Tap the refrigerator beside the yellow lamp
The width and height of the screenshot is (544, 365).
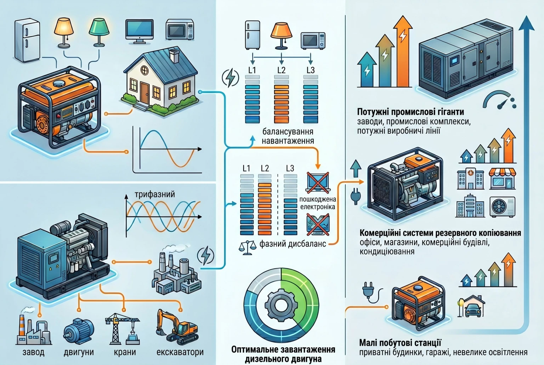click(x=27, y=40)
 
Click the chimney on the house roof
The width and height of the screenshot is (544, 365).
click(x=174, y=55)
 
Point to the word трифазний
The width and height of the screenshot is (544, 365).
click(x=155, y=195)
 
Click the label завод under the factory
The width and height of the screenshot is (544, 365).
click(x=34, y=352)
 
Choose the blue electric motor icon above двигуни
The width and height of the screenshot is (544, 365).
click(x=79, y=331)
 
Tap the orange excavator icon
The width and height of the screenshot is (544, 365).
click(x=177, y=327)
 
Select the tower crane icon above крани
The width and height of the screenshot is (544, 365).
click(x=123, y=329)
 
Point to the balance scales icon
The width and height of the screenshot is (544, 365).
click(x=247, y=248)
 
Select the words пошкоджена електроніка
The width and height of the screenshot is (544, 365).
click(x=318, y=203)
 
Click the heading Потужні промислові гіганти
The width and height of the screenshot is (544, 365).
click(x=410, y=112)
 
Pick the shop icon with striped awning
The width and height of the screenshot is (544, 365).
click(x=502, y=179)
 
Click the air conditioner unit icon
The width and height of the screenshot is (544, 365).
click(x=503, y=207)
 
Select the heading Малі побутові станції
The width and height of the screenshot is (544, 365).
click(x=400, y=343)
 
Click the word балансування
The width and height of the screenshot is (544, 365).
click(x=288, y=132)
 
